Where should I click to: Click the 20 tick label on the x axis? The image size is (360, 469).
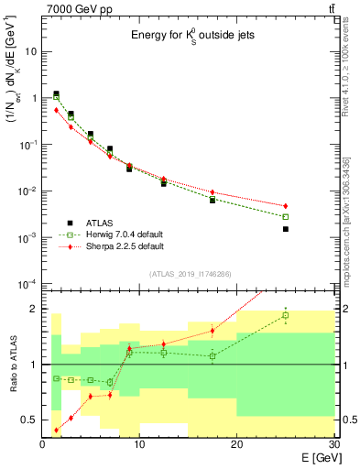[x=236, y=446]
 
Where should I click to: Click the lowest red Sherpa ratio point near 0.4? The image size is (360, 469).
[x=57, y=430]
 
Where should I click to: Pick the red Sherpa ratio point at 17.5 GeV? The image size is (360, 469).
[x=213, y=331]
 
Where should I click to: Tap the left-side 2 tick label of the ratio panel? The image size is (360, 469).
[x=35, y=309]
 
